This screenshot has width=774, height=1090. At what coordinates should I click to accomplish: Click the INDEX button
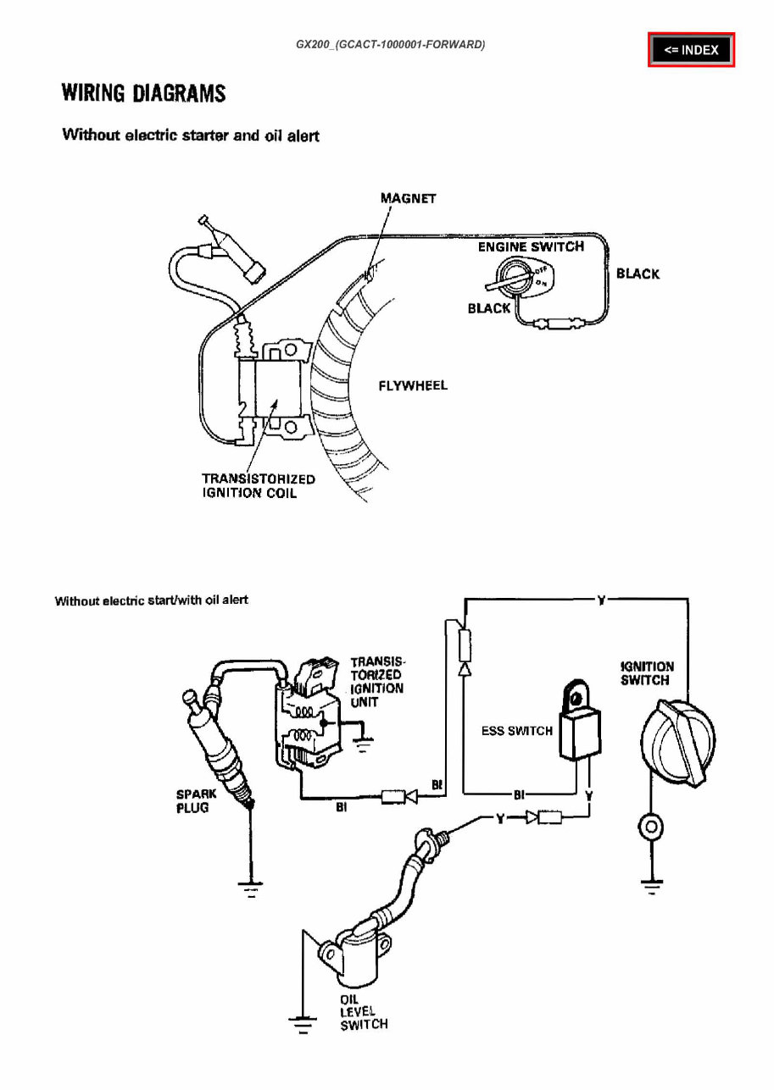pyautogui.click(x=691, y=50)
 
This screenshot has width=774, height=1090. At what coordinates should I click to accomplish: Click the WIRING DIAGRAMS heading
pyautogui.click(x=144, y=93)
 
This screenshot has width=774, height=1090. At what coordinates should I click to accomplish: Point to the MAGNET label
pyautogui.click(x=408, y=198)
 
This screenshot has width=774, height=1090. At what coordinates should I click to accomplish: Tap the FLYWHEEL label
pyautogui.click(x=412, y=385)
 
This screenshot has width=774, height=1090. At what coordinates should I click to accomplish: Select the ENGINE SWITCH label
pyautogui.click(x=531, y=246)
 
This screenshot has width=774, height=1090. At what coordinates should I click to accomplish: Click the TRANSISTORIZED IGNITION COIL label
pyautogui.click(x=258, y=485)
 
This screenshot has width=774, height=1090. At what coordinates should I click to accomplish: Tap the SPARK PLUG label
pyautogui.click(x=196, y=800)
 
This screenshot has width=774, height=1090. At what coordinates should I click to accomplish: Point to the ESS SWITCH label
pyautogui.click(x=517, y=731)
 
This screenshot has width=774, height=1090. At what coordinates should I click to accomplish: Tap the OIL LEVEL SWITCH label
pyautogui.click(x=364, y=1011)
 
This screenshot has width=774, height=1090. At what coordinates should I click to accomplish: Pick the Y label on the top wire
pyautogui.click(x=600, y=600)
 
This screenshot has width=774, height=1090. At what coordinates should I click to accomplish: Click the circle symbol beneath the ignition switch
pyautogui.click(x=650, y=827)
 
